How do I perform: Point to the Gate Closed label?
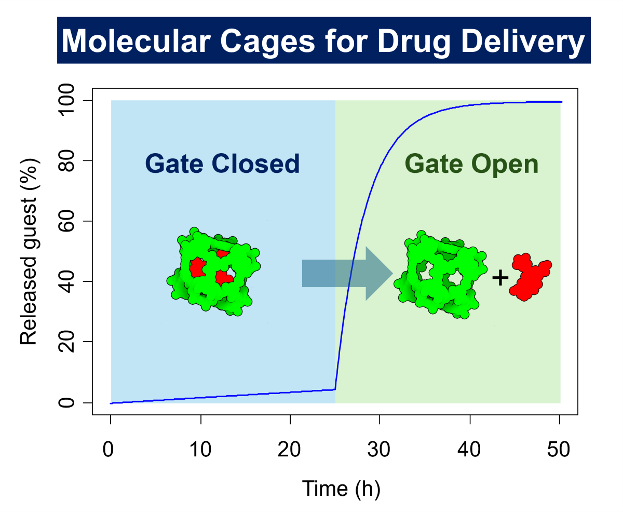pos(223,164)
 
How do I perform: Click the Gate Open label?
pos(471,164)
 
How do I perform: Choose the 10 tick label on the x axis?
pos(200,449)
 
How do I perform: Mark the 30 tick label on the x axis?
pos(380,449)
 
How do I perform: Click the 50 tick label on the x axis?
pos(559,449)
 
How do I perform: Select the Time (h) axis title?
pos(341,489)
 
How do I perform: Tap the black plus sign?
pos(500,278)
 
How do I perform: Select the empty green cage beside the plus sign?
pos(442,275)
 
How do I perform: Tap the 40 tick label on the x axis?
pos(469,449)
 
